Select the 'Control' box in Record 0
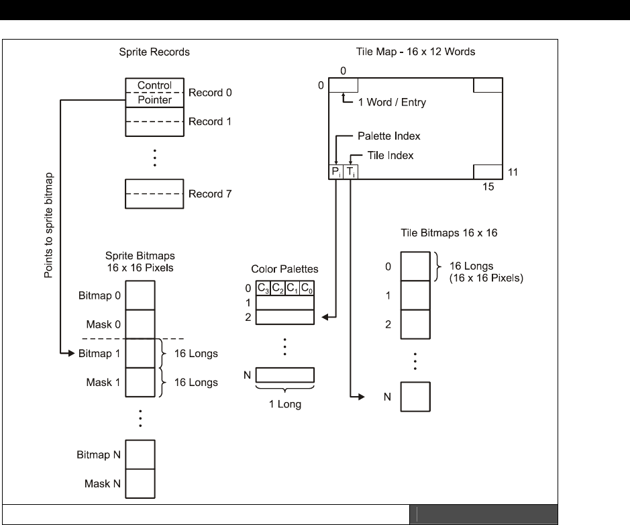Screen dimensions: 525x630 point(154,85)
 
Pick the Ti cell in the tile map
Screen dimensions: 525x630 point(351,172)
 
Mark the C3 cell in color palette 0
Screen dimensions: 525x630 point(264,289)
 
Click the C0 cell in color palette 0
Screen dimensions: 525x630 point(307,289)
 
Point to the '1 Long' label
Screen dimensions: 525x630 point(284,405)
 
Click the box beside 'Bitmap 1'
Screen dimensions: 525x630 point(140,352)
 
